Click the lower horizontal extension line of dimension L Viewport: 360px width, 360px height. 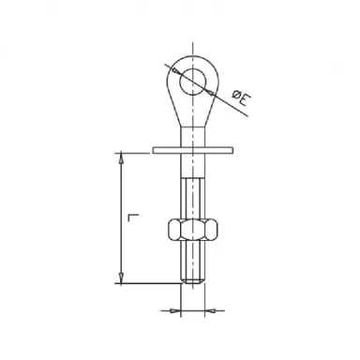(145, 282)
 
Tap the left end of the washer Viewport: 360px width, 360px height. (154, 147)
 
